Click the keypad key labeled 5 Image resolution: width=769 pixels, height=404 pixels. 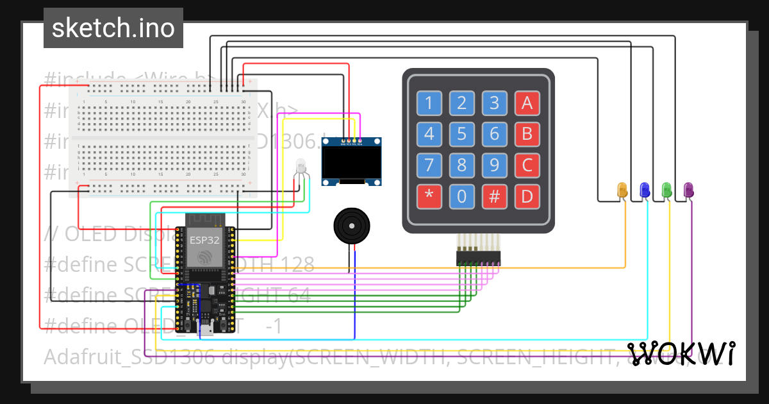coord(461,134)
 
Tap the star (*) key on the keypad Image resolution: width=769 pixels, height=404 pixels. coord(429,197)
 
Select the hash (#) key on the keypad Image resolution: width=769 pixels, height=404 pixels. coord(494,197)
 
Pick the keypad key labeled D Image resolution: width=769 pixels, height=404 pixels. coord(527,197)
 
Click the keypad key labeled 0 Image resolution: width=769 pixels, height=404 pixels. coord(461,197)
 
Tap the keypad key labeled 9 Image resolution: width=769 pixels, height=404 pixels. coord(494,165)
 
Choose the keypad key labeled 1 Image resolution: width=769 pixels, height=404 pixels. coord(429,103)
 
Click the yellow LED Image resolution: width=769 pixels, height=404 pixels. coord(622,190)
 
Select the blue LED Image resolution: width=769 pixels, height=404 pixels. coord(645,189)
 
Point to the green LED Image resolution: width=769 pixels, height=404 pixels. coord(666,189)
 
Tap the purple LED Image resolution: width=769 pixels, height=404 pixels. coord(689,190)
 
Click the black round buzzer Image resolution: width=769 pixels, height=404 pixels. coord(351,226)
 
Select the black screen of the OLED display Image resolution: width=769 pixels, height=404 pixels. coord(352,164)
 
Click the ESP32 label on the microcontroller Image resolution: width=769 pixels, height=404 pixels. coord(205,240)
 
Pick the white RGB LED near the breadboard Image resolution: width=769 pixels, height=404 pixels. coord(301,166)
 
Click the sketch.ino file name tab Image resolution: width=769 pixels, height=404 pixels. coord(113,28)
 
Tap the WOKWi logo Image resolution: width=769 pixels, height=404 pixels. coord(681,353)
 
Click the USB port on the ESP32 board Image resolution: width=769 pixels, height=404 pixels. coord(206,330)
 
